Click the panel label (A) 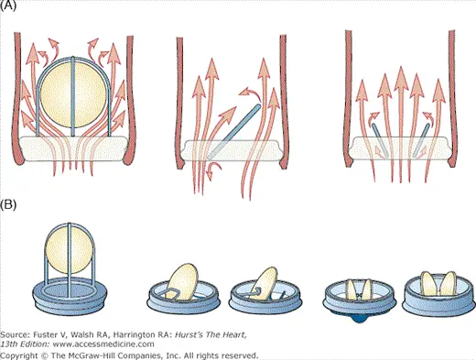point(8,5)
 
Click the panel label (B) point(8,204)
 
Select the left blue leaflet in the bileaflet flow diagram point(380,140)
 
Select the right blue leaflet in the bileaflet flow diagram point(421,140)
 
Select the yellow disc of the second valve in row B point(183,281)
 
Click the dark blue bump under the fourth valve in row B point(360,319)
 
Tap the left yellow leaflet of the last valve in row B point(428,284)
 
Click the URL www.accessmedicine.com point(103,344)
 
